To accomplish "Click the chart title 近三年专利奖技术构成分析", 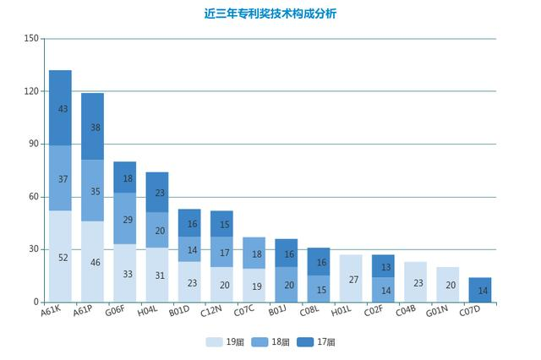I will click(270, 14).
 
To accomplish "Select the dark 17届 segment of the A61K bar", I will click(60, 108).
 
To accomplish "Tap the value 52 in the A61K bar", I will click(60, 257).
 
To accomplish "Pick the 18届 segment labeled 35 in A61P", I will click(92, 191).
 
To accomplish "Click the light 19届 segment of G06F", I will click(125, 274).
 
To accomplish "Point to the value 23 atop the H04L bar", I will click(157, 193).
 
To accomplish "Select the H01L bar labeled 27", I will click(351, 279).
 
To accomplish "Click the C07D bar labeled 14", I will click(480, 290).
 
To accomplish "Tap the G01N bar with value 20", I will click(448, 285).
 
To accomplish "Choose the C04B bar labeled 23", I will click(416, 282).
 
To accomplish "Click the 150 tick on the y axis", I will click(31, 39).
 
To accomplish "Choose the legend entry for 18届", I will click(271, 342).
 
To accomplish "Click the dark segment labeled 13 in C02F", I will click(383, 266).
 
